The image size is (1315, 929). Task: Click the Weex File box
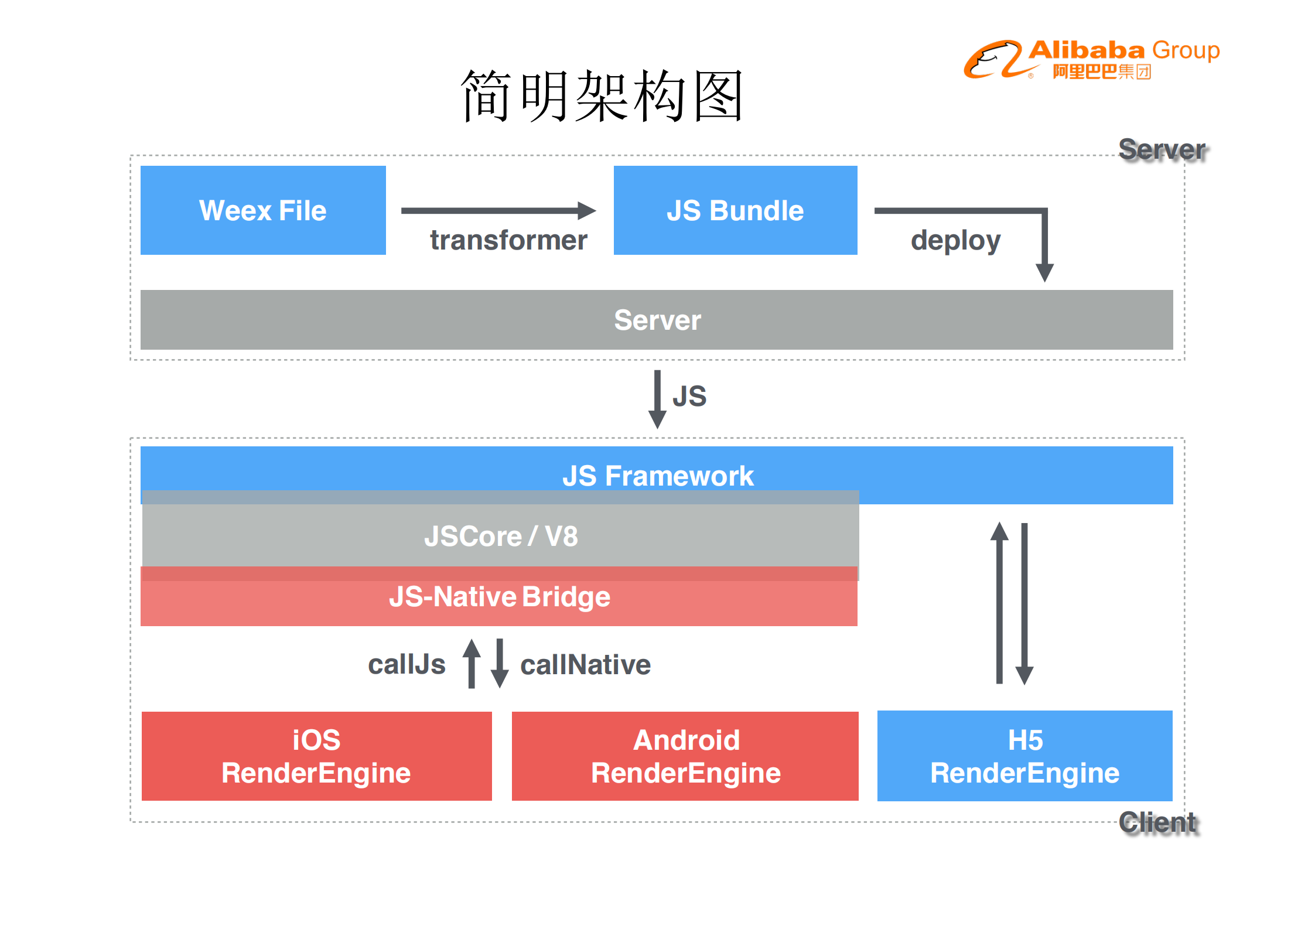(263, 210)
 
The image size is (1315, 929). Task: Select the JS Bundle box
(735, 210)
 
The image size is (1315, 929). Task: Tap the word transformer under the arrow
(508, 240)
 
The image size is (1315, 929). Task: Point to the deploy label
(955, 240)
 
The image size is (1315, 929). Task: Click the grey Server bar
(657, 320)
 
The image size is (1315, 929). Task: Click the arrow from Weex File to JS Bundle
(498, 210)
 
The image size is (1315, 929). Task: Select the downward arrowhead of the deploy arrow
(1044, 272)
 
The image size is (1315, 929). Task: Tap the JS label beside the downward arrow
(689, 397)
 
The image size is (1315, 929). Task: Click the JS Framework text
(658, 476)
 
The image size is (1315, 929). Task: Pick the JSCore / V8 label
(501, 536)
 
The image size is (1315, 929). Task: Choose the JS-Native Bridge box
(499, 597)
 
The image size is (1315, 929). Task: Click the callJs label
(407, 665)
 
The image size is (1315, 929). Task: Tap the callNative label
(585, 665)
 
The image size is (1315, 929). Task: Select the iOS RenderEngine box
(316, 756)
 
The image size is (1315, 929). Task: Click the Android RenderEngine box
(685, 756)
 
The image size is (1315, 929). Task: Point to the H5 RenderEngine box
(1024, 756)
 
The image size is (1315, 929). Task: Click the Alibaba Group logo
(1091, 59)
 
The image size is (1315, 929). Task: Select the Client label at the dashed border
(1158, 822)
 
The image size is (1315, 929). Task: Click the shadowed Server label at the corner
(1162, 149)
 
